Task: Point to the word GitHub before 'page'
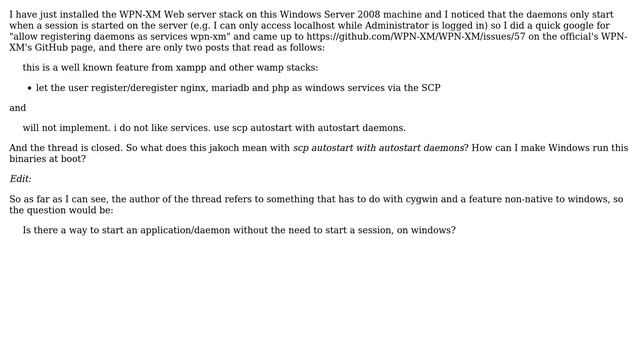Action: pyautogui.click(x=54, y=48)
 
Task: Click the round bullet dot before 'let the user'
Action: pyautogui.click(x=29, y=88)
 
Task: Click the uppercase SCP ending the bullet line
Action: pyautogui.click(x=430, y=88)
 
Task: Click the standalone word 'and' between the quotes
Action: pyautogui.click(x=18, y=108)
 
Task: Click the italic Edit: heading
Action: pyautogui.click(x=21, y=179)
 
